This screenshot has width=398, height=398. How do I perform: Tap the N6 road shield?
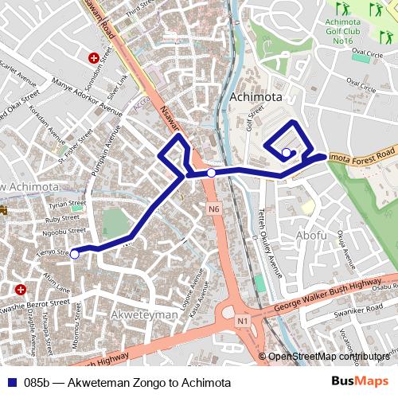[x=213, y=209]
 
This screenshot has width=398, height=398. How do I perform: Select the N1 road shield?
[x=243, y=320]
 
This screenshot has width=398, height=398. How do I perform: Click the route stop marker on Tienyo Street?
[x=75, y=254]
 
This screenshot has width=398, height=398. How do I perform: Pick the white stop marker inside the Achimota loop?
[x=287, y=152]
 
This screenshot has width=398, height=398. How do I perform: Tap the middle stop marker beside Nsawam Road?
[x=211, y=173]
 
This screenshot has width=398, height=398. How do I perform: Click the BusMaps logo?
[x=360, y=381]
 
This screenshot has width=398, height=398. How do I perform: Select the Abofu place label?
[x=310, y=236]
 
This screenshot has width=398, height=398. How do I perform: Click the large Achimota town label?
[x=256, y=97]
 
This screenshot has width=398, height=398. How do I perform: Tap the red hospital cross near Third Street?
[x=95, y=58]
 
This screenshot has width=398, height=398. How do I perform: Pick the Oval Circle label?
[x=367, y=53]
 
